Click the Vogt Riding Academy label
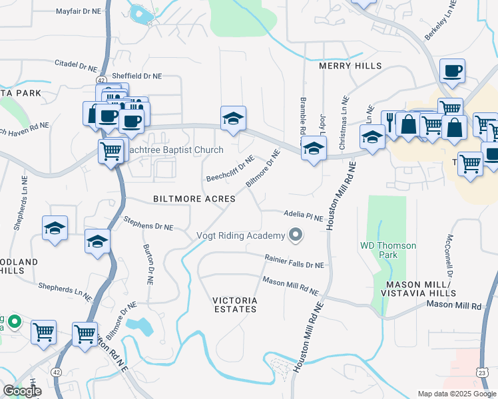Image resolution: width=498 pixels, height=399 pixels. coord(240,235)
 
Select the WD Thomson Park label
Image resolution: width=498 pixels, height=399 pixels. coord(387,250)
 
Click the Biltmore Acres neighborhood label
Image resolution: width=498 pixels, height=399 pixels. coord(194,199)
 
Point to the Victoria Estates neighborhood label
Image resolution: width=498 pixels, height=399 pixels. coord(234,305)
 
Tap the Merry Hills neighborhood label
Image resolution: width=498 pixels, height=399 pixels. coord(350,66)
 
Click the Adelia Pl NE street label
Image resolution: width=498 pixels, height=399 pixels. coord(303,217)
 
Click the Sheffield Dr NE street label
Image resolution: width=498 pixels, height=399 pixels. coord(136,76)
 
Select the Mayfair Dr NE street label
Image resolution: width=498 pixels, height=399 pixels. coord(77,11)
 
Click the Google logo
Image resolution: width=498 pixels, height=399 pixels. coord(21,391)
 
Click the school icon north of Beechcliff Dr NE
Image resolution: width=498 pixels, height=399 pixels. coord(233,118)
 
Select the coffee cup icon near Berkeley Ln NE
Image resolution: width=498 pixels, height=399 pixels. coord(452,70)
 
